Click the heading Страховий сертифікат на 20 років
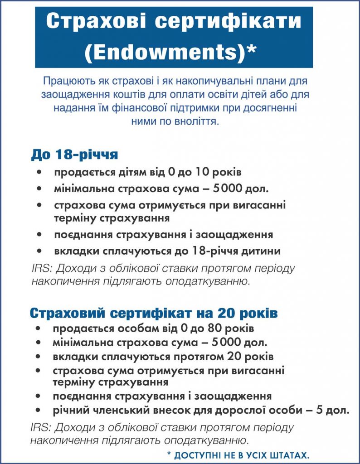click(154, 313)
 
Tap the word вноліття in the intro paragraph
click(198, 121)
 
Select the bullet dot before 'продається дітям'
click(42, 173)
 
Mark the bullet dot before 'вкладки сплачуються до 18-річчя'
click(42, 251)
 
